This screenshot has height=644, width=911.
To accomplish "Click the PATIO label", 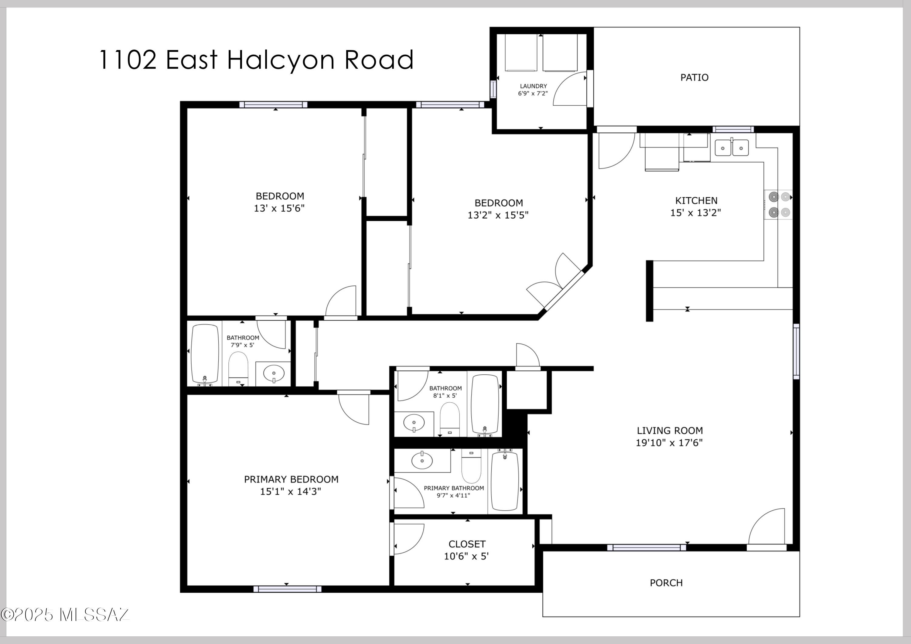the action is point(694,77).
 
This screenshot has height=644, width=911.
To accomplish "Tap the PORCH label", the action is point(666,583).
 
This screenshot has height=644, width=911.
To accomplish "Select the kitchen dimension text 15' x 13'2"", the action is point(696,213).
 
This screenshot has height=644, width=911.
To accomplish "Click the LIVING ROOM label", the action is point(670,431).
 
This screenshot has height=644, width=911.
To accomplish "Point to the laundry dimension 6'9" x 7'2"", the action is point(533,93).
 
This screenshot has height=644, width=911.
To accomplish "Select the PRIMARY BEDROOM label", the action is point(291,479).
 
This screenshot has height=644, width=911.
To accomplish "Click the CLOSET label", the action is point(467,544).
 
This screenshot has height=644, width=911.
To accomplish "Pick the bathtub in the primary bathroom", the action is point(505,481).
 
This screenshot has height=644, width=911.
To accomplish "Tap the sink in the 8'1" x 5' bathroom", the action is point(414,423).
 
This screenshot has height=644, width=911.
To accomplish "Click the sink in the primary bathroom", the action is point(422,460).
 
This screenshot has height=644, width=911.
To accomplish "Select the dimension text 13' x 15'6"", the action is point(279,208).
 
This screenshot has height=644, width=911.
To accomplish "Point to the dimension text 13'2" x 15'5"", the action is point(498,215).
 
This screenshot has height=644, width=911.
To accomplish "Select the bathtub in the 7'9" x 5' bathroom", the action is point(205,354).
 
